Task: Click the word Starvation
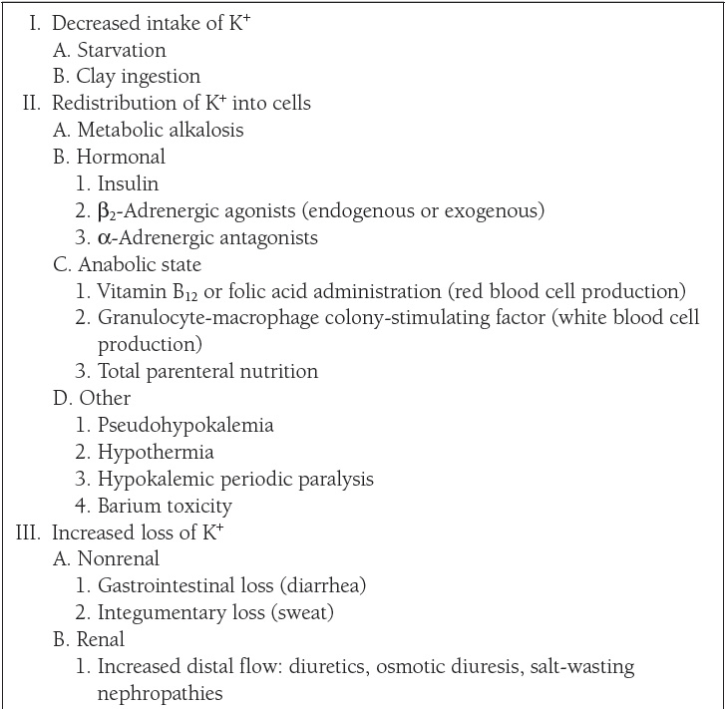122,50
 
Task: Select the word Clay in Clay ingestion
97,76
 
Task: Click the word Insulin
128,183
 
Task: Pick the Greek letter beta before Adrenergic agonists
106,211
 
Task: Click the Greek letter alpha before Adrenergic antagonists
105,237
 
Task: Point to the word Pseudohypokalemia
185,425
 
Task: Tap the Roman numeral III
28,532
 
